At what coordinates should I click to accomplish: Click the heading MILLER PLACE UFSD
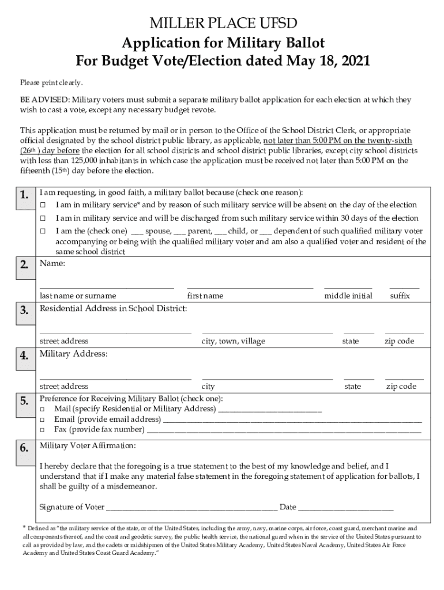coord(222,24)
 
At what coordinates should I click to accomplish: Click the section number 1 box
coord(24,195)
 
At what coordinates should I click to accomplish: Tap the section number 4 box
coord(24,355)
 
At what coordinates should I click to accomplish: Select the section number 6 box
coord(24,448)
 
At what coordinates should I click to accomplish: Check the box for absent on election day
coord(43,205)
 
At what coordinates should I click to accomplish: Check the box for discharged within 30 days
coord(43,218)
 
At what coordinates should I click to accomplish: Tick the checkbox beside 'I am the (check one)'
coord(43,231)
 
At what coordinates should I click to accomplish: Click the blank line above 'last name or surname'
coord(107,286)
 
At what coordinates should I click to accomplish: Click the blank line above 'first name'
coord(250,286)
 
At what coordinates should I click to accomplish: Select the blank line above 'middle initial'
coord(348,286)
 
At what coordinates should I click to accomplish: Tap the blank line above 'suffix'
coord(404,286)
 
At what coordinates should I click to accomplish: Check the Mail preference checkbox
coord(43,409)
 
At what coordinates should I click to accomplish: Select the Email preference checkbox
coord(43,419)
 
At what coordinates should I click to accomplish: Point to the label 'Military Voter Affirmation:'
coord(88,446)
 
